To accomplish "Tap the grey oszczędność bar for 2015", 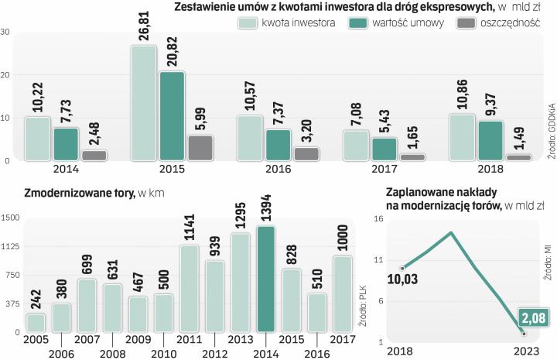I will click(x=200, y=147).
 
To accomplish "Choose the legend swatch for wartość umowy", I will click(x=358, y=23).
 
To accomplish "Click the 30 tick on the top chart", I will click(x=5, y=32).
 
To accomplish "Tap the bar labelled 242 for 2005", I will click(x=36, y=322).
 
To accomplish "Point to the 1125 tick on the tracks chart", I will click(x=10, y=247).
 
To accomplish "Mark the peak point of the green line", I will click(x=450, y=232).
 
